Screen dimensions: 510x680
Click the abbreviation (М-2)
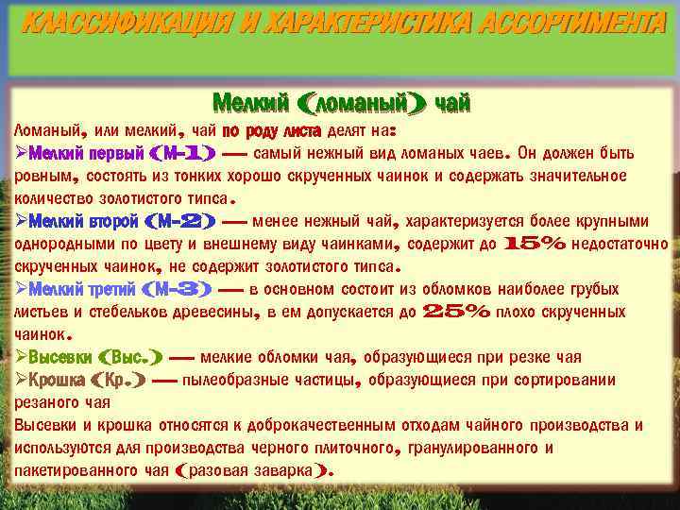point(182,221)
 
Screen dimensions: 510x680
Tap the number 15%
point(535,244)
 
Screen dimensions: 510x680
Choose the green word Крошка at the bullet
point(57,380)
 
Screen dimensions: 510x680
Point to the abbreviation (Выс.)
point(129,357)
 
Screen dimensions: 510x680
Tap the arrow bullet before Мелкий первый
point(21,153)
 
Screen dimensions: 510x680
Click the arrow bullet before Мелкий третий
point(21,289)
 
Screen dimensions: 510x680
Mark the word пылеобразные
point(238,380)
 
